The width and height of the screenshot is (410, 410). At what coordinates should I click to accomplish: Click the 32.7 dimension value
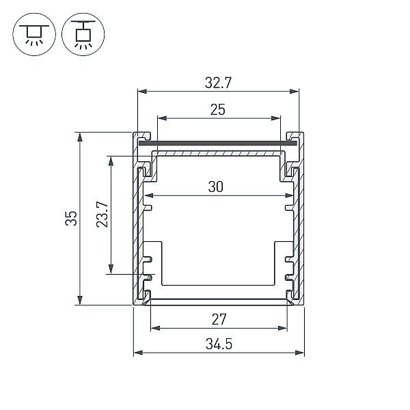click(219, 83)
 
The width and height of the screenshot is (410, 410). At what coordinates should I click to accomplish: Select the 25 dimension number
click(218, 110)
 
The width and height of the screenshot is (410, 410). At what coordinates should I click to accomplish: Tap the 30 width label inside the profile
click(216, 187)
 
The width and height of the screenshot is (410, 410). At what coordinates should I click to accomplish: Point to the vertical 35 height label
click(71, 219)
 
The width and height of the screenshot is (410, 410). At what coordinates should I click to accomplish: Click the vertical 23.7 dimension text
click(102, 215)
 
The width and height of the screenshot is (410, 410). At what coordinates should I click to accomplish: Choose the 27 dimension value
click(219, 320)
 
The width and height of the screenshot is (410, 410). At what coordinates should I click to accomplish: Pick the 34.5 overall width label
click(219, 344)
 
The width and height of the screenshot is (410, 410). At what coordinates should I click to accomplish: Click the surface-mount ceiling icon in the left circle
click(34, 34)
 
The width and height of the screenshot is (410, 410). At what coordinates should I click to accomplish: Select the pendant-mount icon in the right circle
click(83, 34)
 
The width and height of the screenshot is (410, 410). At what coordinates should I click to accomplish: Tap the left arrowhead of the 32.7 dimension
click(142, 92)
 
